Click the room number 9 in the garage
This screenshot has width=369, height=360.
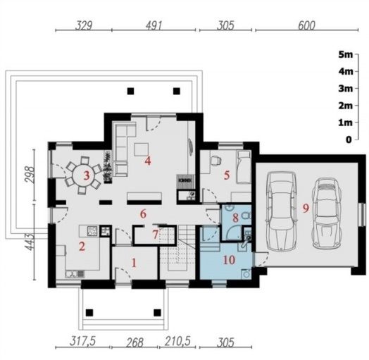(x=306, y=208)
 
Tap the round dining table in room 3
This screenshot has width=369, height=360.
(x=84, y=175)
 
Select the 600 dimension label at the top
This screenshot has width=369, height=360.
(x=306, y=25)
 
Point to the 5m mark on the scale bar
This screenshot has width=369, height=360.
(x=346, y=55)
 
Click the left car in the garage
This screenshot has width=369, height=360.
(x=280, y=211)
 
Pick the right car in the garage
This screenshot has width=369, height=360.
(x=327, y=212)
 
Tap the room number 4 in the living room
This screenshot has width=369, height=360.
(x=148, y=161)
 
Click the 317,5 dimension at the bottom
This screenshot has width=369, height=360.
(x=83, y=342)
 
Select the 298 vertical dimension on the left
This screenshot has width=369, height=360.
(x=30, y=175)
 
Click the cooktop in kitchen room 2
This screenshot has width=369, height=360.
(x=92, y=231)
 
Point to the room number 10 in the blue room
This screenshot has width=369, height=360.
(x=229, y=260)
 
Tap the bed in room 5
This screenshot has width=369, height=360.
(x=244, y=167)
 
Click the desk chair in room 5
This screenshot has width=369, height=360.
(x=215, y=161)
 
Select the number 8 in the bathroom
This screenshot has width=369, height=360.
(x=235, y=218)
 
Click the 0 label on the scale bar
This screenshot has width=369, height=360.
(x=349, y=139)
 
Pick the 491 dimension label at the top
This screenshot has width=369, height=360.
(x=154, y=25)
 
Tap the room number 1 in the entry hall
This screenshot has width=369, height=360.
(x=134, y=263)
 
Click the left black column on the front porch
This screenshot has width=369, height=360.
(x=89, y=313)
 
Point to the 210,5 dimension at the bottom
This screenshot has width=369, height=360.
(x=177, y=342)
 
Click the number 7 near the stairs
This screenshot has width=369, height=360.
(x=155, y=235)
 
